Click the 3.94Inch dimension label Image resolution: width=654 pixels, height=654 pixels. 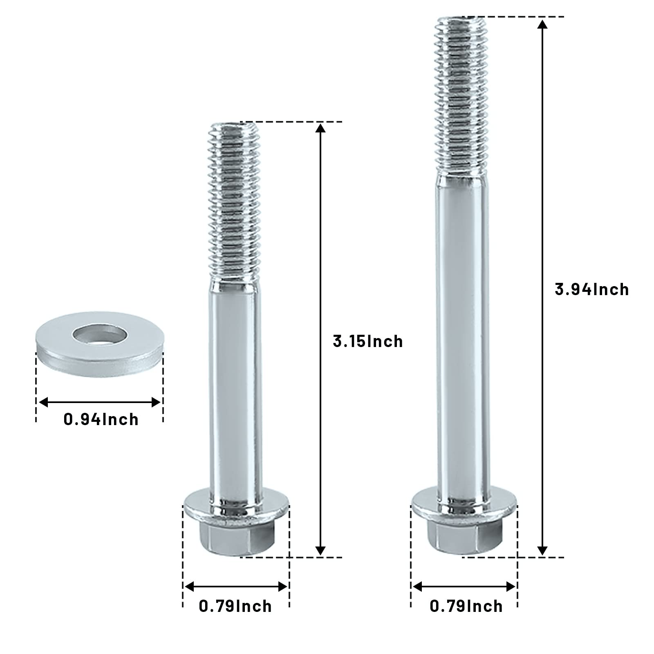coord(591,289)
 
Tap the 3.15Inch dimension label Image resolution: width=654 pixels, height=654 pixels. coord(368,341)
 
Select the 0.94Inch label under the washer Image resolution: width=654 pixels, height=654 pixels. coord(101,419)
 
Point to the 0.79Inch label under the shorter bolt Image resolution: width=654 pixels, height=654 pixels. coord(235,606)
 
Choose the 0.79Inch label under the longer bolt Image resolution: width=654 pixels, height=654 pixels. coord(466,606)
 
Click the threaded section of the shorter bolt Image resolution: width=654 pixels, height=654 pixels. coord(234,200)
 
